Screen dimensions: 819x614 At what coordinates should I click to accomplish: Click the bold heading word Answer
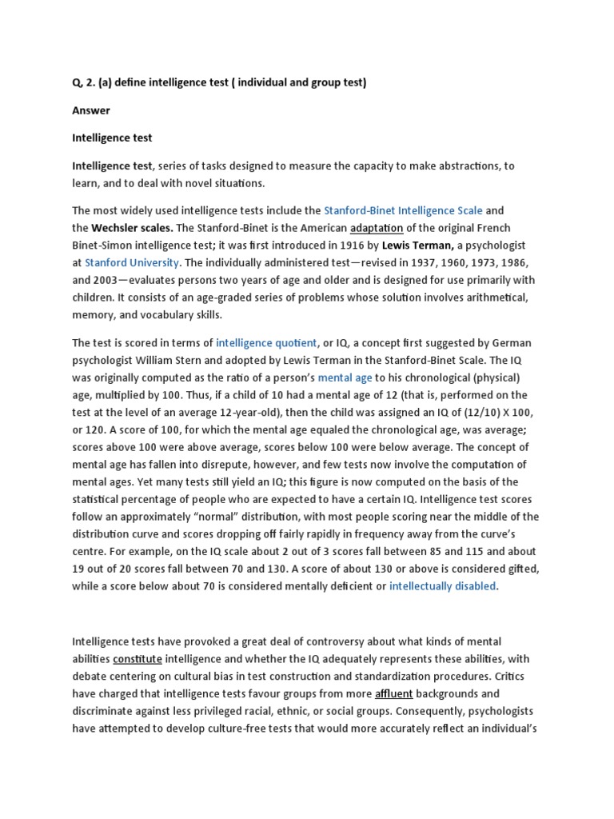91,110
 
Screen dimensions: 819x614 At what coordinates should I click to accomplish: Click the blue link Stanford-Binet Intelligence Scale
403,211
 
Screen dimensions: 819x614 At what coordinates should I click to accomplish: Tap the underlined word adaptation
377,228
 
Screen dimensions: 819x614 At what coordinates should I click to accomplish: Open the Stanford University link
134,262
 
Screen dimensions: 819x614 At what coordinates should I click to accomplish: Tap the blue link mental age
345,378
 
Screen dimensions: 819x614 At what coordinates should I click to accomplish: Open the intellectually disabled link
443,586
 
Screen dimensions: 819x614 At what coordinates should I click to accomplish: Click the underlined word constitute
138,659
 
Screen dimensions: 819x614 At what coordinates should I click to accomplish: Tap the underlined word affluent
393,694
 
